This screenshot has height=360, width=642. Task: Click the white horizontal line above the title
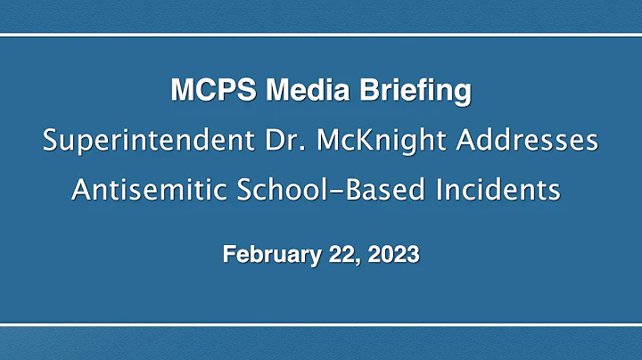[x=321, y=35]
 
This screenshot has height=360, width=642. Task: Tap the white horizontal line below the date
[x=321, y=324]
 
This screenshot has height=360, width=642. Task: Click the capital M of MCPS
[x=178, y=91]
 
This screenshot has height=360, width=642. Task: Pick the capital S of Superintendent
[x=50, y=141]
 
